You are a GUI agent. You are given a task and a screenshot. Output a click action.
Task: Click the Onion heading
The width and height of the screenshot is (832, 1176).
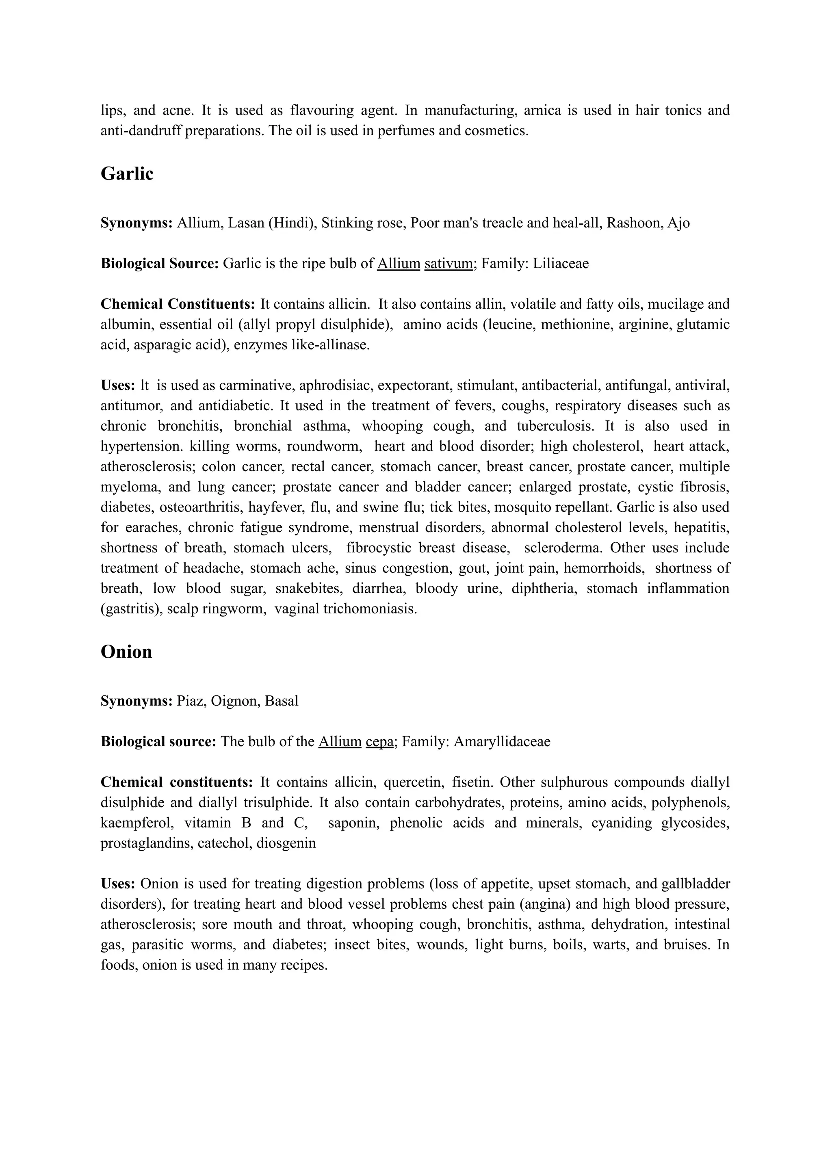point(126,652)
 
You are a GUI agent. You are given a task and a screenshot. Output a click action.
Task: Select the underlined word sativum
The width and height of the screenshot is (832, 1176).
point(448,264)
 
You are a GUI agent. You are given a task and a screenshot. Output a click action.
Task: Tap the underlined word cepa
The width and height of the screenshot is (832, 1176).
point(379,742)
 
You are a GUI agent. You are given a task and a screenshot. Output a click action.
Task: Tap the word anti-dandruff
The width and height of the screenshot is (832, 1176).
point(141,131)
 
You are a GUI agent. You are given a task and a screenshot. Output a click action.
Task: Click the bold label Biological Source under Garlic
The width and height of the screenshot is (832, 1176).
point(159,264)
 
